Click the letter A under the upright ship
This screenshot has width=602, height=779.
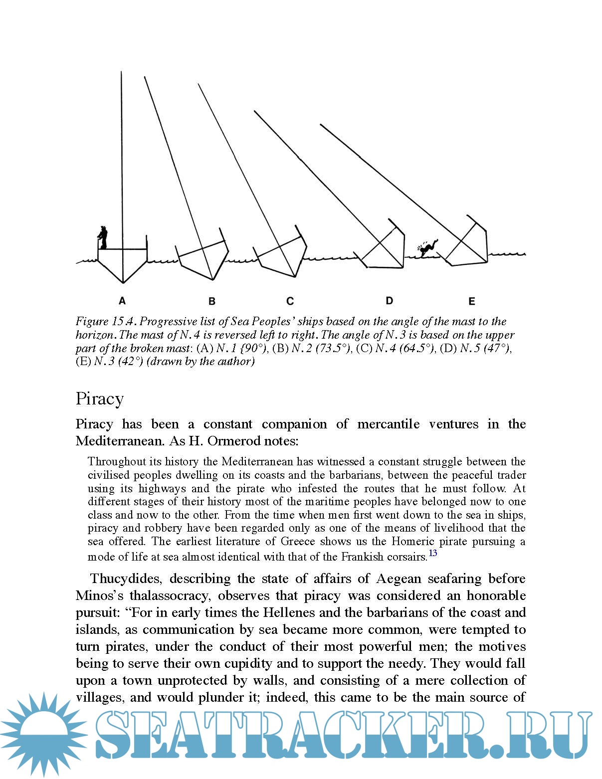point(122,301)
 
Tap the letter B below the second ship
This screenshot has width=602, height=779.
point(212,301)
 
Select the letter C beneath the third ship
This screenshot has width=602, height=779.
point(290,301)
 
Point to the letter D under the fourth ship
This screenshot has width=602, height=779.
point(389,300)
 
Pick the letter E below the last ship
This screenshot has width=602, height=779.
point(471,301)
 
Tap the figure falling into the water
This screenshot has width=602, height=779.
point(427,247)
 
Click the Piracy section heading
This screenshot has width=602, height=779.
point(100,399)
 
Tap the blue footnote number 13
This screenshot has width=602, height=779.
point(432,553)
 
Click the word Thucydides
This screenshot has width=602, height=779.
point(126,579)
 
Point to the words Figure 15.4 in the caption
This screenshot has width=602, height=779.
point(105,321)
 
